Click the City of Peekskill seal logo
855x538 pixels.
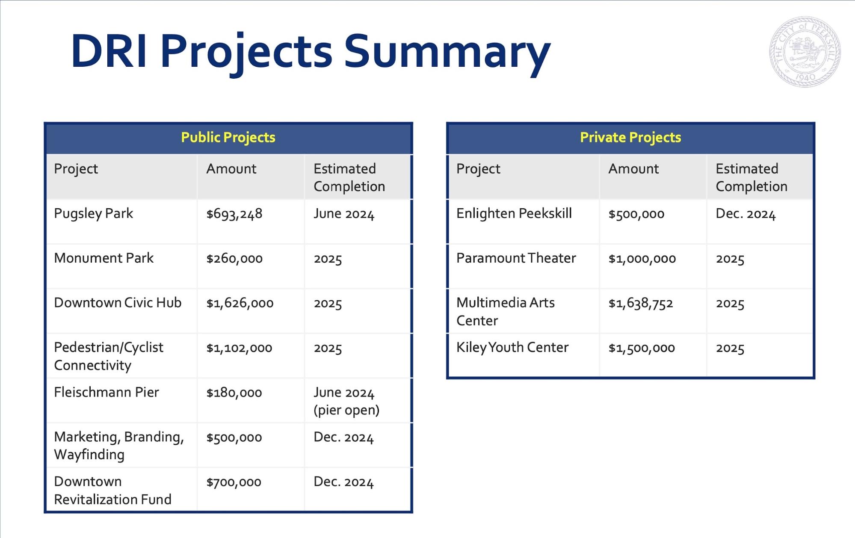[x=805, y=52]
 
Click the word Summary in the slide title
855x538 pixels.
[x=447, y=52]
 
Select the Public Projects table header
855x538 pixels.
[x=228, y=138]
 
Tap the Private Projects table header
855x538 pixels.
[x=630, y=138]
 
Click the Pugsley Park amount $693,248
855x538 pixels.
[x=234, y=214]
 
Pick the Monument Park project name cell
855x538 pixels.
[x=104, y=258]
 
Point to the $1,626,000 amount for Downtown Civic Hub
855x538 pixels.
[x=240, y=303]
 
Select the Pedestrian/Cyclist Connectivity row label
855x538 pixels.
[x=108, y=356]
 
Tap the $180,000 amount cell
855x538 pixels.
[x=234, y=393]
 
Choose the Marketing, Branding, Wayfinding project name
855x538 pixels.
[x=118, y=445]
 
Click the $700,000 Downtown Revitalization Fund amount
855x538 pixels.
[x=234, y=482]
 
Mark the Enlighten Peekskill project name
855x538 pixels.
[x=514, y=213]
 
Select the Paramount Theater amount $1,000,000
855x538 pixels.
[x=642, y=258]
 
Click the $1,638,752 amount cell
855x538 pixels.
[x=640, y=303]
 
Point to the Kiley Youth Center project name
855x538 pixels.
[x=512, y=348]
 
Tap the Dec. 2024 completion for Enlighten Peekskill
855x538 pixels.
[x=745, y=214]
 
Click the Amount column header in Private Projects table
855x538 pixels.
[x=633, y=169]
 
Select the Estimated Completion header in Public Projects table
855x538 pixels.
[x=349, y=177]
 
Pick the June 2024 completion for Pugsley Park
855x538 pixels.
[x=343, y=214]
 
